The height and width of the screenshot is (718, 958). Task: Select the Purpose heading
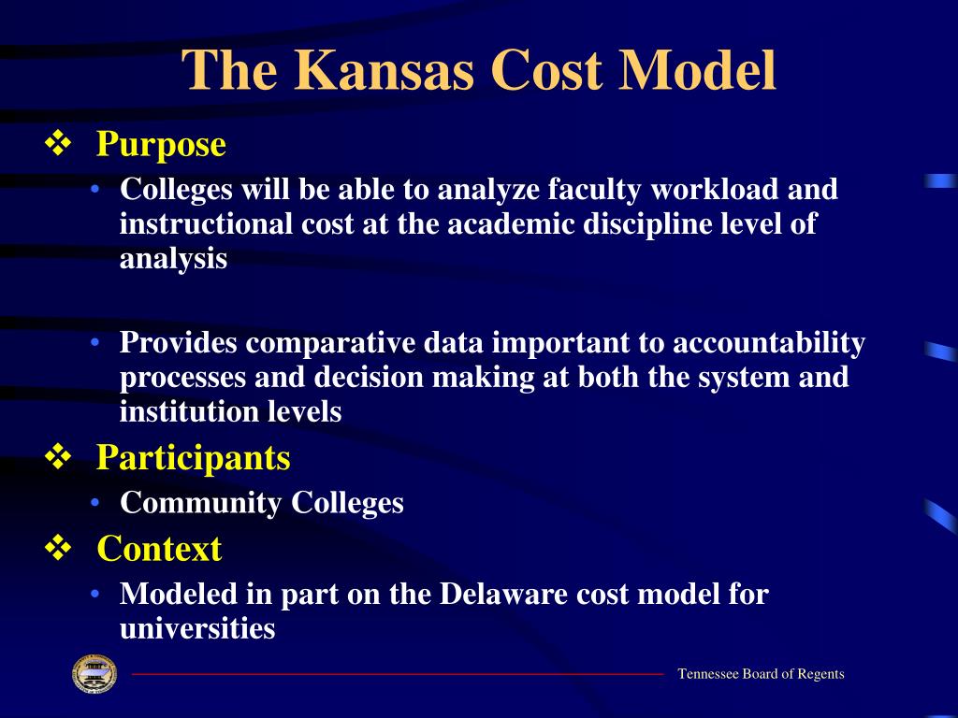161,146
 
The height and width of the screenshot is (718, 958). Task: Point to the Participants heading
193,458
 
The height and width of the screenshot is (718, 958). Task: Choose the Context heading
159,548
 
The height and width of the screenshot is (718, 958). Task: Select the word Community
201,504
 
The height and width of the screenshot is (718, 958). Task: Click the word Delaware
503,594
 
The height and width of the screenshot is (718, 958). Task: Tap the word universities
197,628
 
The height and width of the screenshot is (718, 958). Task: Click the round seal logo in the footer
94,674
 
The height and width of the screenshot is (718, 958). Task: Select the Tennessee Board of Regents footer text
761,674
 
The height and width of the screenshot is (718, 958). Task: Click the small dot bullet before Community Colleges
94,502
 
